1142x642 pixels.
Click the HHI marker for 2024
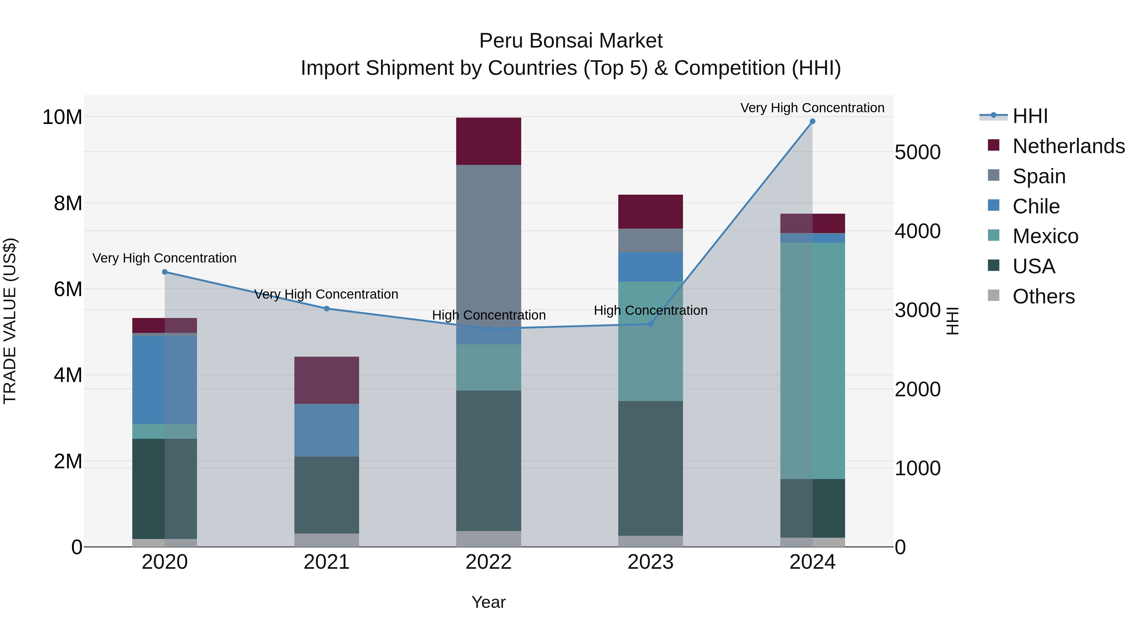coord(812,121)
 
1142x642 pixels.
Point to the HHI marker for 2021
coord(327,308)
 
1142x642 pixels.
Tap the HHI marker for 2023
coord(650,324)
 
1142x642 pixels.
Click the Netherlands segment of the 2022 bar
coord(489,141)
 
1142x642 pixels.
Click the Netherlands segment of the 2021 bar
coord(327,380)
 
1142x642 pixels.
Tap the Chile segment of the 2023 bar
coord(650,267)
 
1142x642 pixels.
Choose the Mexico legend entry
coord(1045,236)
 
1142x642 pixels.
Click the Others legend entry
coord(1043,296)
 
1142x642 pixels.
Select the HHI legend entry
coord(1030,116)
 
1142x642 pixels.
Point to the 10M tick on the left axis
coord(62,117)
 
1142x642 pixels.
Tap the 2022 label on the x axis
coord(489,562)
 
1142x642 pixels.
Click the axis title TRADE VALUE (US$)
coord(10,321)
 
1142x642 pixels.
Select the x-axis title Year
coord(489,602)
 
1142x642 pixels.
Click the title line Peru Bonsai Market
coord(571,41)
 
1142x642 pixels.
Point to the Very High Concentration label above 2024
coord(812,108)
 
